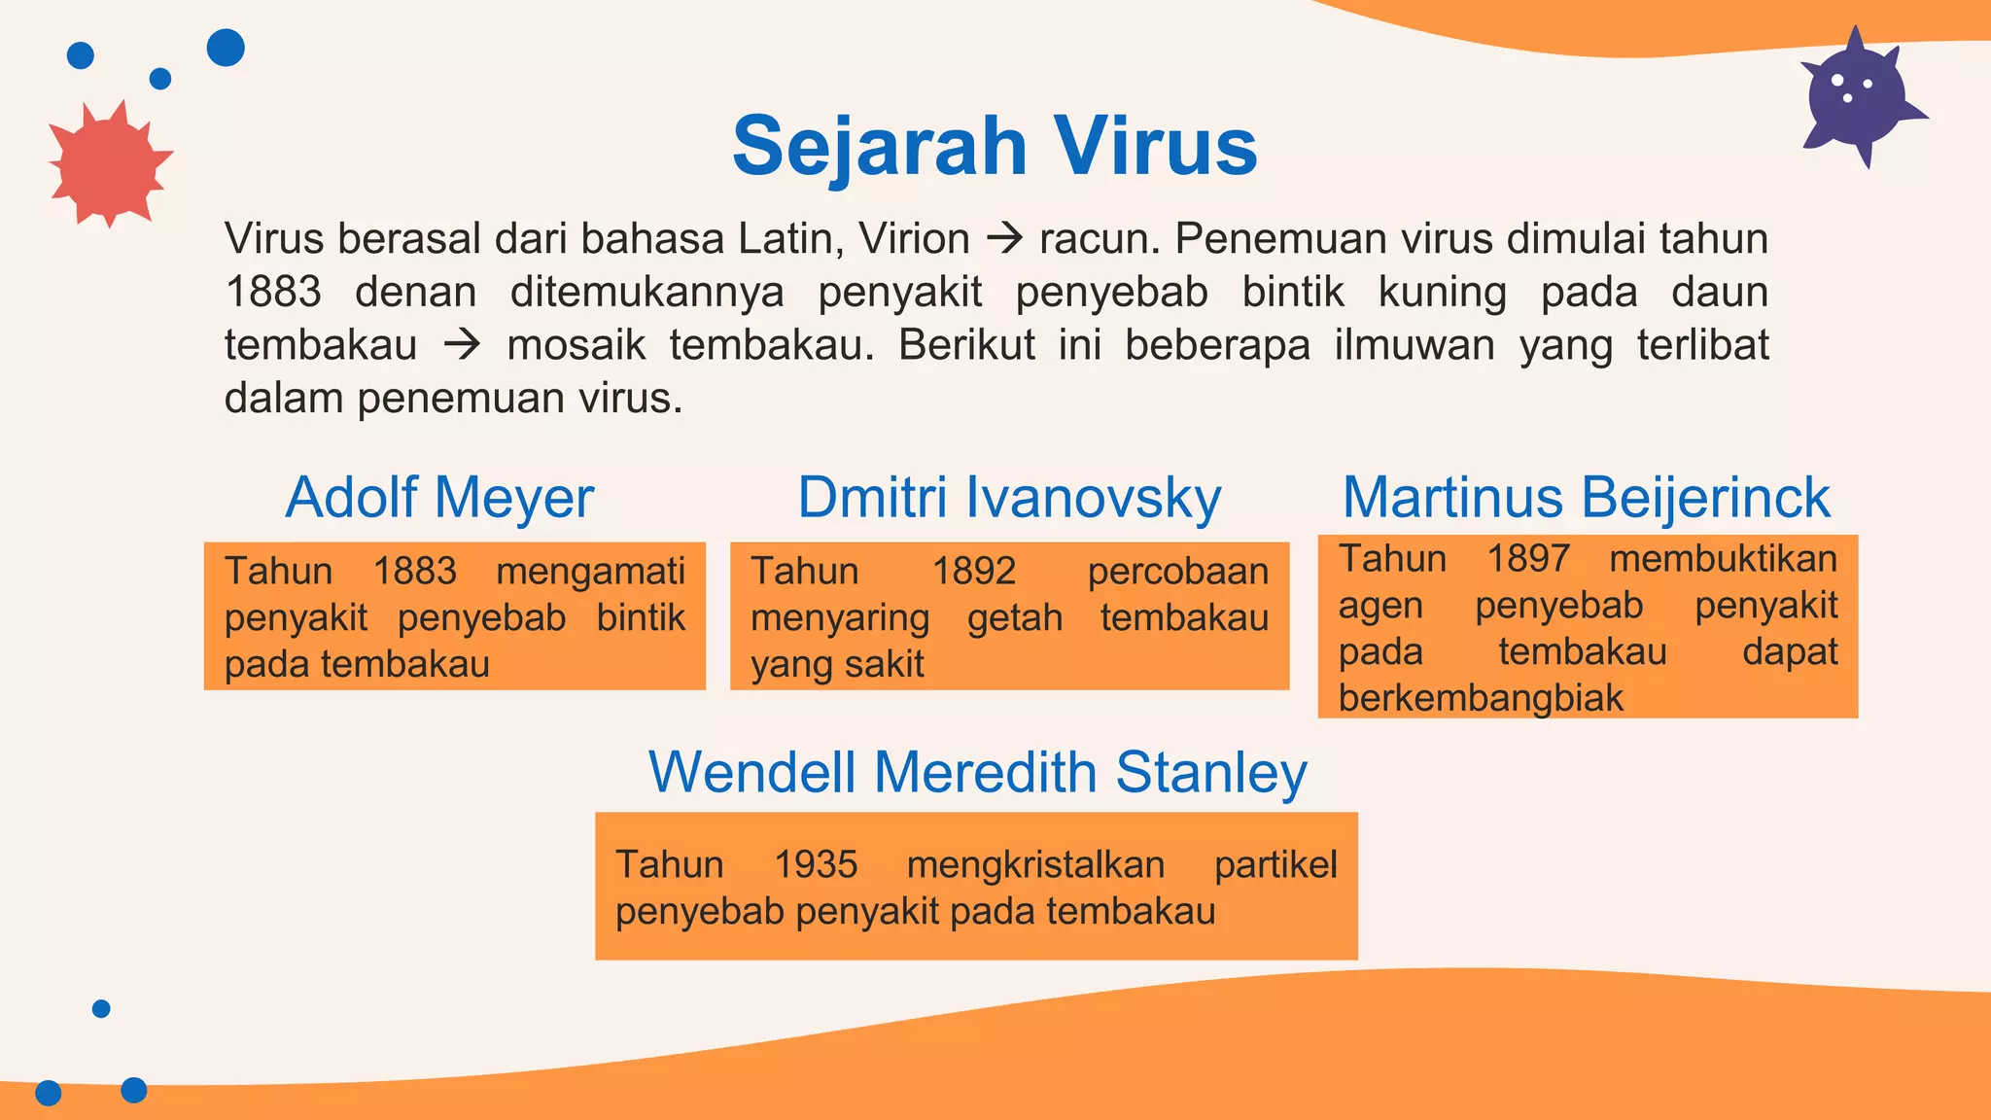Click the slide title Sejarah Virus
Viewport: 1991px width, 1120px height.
click(995, 146)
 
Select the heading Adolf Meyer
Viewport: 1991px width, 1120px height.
click(439, 498)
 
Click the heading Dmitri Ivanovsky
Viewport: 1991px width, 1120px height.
click(1009, 498)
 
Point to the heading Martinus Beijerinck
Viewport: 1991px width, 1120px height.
click(1586, 498)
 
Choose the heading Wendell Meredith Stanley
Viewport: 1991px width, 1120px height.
click(977, 773)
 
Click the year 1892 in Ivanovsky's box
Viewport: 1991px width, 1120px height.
click(973, 572)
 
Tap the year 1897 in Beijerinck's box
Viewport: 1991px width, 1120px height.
click(1527, 559)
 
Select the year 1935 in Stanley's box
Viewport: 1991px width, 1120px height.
click(816, 865)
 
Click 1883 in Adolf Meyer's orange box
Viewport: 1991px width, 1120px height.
click(414, 572)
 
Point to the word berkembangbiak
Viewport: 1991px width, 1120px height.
click(1480, 698)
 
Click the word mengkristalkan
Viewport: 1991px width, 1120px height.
click(1034, 865)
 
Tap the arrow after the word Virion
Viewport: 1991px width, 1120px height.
click(1004, 239)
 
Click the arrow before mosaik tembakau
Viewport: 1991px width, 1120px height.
click(462, 345)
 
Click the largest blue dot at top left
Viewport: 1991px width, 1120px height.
click(226, 48)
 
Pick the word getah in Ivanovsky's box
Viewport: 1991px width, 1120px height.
click(1014, 618)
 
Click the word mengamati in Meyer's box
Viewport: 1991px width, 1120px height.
click(590, 572)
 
